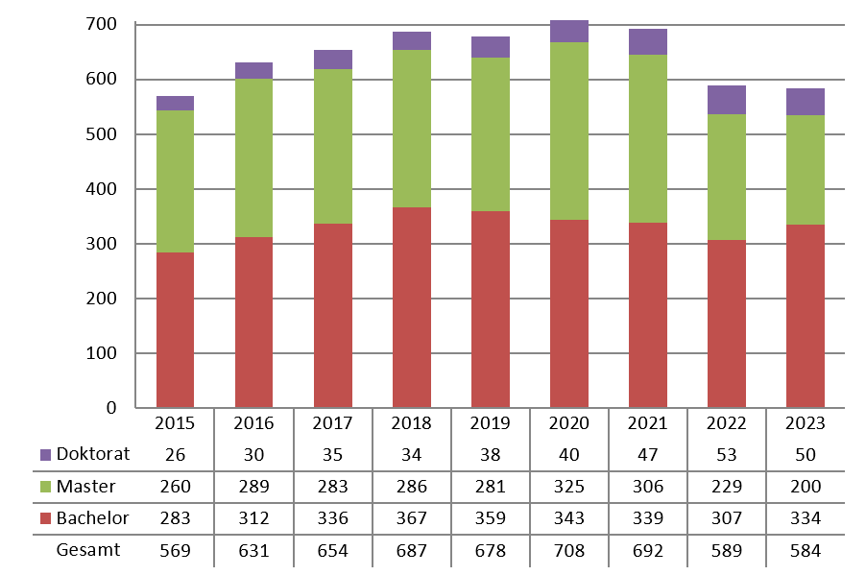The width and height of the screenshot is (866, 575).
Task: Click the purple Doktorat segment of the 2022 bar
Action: (x=726, y=100)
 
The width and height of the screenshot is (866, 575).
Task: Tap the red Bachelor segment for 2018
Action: (x=411, y=307)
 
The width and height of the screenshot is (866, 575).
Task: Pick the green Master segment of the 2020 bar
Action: (x=568, y=131)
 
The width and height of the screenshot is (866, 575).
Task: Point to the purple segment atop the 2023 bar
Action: (x=805, y=102)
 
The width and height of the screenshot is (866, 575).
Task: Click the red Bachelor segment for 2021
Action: (x=647, y=315)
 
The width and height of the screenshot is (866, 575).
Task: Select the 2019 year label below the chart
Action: (x=490, y=423)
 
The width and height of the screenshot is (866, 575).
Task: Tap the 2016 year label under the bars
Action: (x=253, y=423)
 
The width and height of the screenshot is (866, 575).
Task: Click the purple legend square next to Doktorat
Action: (x=46, y=454)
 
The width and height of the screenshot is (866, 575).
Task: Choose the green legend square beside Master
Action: (x=46, y=487)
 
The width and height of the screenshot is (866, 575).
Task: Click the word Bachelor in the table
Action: (x=92, y=518)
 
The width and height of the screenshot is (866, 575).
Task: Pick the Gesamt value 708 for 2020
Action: (x=568, y=551)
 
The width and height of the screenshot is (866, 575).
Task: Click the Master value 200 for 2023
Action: (x=805, y=487)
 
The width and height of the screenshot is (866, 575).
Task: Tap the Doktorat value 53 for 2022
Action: (x=726, y=454)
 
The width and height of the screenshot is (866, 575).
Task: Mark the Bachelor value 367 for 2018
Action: (x=411, y=518)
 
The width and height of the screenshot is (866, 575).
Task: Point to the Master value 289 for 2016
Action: (x=253, y=487)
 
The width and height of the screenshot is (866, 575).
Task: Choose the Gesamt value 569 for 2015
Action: (x=175, y=551)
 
